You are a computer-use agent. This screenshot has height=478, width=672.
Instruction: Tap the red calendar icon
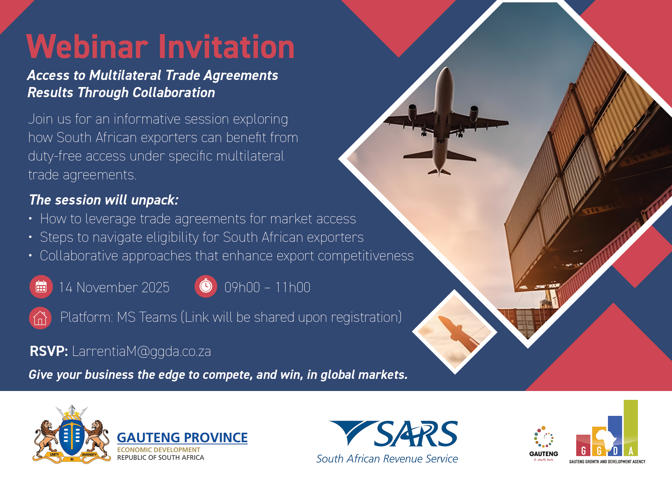tap(41, 287)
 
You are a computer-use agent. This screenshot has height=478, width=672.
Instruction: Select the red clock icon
tap(206, 286)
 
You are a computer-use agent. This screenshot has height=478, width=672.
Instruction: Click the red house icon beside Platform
tap(40, 318)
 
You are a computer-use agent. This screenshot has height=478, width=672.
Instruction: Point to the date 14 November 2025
tap(114, 287)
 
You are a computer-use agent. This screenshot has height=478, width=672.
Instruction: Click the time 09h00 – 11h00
tap(267, 287)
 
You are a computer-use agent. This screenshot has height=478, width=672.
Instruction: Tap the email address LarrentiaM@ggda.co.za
tap(142, 351)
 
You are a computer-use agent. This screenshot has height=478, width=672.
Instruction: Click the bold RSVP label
tap(49, 351)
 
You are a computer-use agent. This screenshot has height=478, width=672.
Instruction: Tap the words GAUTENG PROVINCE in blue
tap(182, 438)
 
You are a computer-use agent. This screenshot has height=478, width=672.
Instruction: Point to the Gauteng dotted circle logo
tap(544, 437)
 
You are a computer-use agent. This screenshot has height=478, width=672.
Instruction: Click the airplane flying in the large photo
tap(446, 123)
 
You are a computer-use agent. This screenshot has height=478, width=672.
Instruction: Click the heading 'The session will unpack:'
tap(104, 200)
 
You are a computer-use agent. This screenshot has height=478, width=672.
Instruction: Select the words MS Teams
tap(147, 317)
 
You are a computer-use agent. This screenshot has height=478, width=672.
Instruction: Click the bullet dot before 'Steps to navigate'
tap(30, 237)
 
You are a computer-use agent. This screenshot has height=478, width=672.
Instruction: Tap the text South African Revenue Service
tap(387, 459)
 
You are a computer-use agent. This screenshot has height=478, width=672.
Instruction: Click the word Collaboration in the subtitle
tap(174, 92)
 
